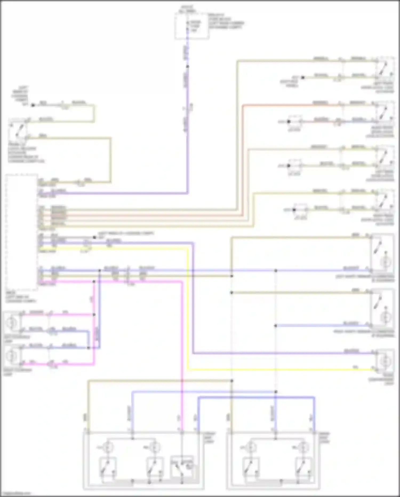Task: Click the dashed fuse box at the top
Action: (x=191, y=26)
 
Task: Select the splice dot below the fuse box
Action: (x=187, y=66)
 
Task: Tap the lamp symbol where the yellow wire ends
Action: (x=385, y=361)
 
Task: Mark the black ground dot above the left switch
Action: (x=33, y=105)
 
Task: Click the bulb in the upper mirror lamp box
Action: (x=385, y=263)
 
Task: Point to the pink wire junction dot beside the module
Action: (x=94, y=281)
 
